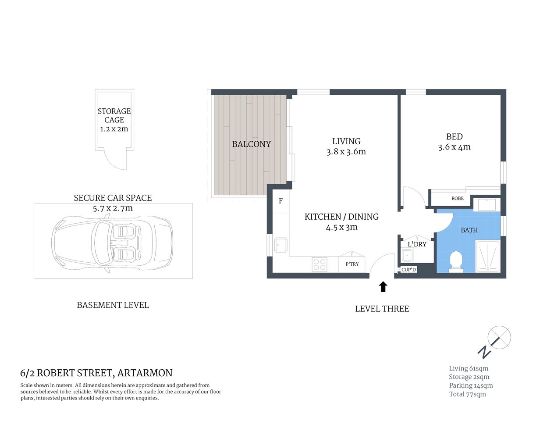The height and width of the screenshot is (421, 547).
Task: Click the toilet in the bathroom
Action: (x=456, y=261)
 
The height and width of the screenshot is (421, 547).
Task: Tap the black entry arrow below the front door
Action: (x=383, y=287)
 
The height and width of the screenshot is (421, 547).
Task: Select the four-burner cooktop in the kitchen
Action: (x=319, y=264)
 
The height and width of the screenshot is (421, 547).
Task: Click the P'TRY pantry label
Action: (x=352, y=264)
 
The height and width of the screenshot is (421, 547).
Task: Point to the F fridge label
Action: (x=281, y=201)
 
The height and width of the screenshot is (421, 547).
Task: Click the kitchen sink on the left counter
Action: (x=281, y=245)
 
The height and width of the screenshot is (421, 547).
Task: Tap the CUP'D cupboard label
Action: (x=408, y=270)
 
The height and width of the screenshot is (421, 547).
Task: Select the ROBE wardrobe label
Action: (x=457, y=199)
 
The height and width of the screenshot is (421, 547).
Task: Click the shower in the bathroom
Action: (x=487, y=257)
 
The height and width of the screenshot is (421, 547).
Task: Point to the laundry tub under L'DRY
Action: (x=407, y=255)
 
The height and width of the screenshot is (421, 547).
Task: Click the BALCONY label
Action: (x=251, y=144)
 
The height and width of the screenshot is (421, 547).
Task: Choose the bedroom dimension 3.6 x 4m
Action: (x=454, y=147)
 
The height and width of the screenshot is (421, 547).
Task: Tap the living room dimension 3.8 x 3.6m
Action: (x=346, y=152)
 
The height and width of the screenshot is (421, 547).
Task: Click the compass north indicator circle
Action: (x=499, y=337)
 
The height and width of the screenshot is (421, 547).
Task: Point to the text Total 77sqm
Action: (x=467, y=394)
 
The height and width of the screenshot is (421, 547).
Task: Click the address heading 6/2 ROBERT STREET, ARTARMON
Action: (x=96, y=373)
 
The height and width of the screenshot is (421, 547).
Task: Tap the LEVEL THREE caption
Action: (x=382, y=309)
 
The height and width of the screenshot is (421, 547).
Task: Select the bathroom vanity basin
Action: (x=487, y=205)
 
